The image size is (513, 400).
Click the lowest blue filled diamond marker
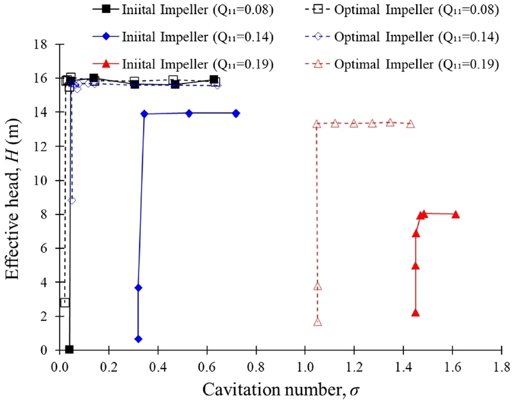click(x=138, y=339)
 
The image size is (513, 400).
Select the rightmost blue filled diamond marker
click(x=236, y=113)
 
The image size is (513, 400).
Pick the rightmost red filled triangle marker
click(x=456, y=214)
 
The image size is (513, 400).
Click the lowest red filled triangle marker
click(x=416, y=313)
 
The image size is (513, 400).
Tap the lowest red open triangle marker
click(x=317, y=322)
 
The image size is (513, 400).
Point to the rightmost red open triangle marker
click(x=410, y=124)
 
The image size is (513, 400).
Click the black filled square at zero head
click(x=69, y=349)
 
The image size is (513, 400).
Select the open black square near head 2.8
click(x=65, y=302)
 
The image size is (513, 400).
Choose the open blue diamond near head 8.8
click(x=72, y=200)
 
